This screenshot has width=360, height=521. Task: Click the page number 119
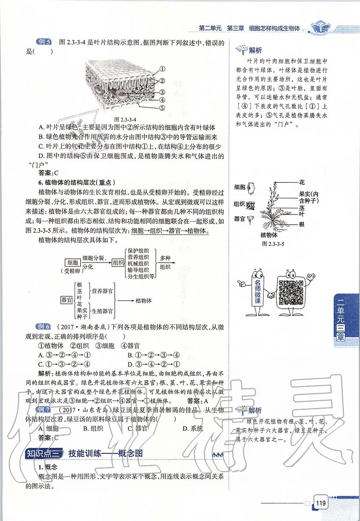pyautogui.click(x=321, y=502)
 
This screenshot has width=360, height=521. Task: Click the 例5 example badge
pyautogui.click(x=44, y=42)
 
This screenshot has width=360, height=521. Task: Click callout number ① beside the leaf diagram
pyautogui.click(x=162, y=69)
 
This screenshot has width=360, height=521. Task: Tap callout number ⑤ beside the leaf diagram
pyautogui.click(x=162, y=108)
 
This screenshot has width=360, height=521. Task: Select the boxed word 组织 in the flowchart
pyautogui.click(x=118, y=263)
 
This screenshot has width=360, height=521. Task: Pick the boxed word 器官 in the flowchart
pyautogui.click(x=67, y=299)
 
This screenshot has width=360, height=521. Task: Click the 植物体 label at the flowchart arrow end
pyautogui.click(x=144, y=300)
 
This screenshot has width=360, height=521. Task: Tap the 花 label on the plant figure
pyautogui.click(x=302, y=182)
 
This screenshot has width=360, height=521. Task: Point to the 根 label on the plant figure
pyautogui.click(x=302, y=224)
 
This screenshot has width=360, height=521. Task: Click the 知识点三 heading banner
pyautogui.click(x=44, y=453)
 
